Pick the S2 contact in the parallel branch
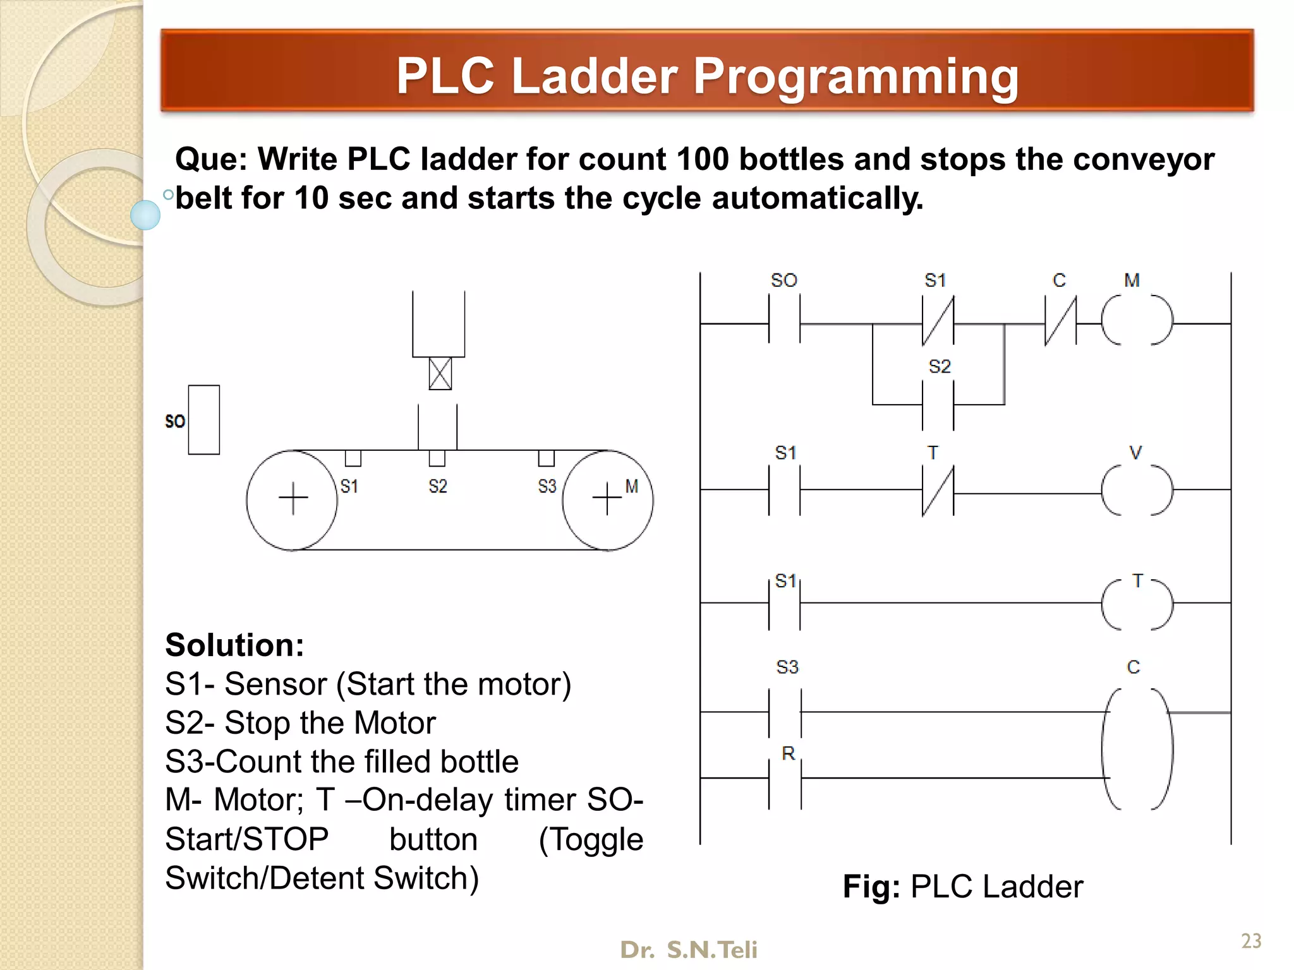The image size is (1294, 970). click(938, 404)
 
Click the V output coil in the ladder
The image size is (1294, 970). click(1136, 490)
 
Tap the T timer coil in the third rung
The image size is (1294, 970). click(1136, 603)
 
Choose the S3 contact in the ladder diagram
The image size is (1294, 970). click(785, 712)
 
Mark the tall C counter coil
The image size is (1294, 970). click(1137, 749)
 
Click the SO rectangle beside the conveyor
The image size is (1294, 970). click(203, 420)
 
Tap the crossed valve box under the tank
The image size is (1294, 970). click(440, 373)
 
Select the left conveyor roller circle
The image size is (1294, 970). click(292, 500)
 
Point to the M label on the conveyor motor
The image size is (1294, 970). click(632, 486)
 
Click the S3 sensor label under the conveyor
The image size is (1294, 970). click(547, 486)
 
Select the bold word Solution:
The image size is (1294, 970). click(234, 645)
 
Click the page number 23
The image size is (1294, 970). click(1251, 941)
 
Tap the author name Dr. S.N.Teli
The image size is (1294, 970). click(689, 950)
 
